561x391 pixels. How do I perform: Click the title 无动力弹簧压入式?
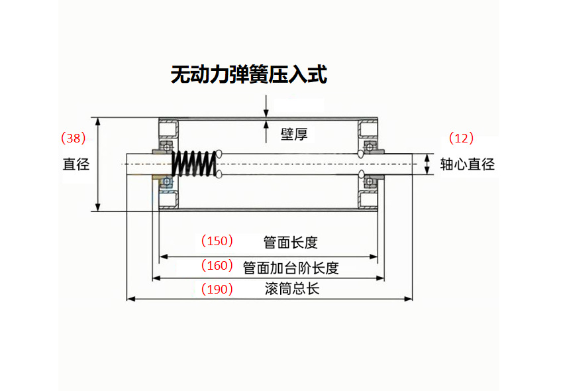[x=248, y=74]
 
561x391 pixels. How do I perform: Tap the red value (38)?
[x=73, y=139]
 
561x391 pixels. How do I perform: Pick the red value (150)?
[x=217, y=241]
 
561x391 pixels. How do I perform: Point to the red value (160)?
[x=217, y=266]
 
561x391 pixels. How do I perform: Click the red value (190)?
[x=217, y=289]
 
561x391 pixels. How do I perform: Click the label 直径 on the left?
[x=76, y=164]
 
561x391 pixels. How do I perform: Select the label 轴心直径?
[x=468, y=164]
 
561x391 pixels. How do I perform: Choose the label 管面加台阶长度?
[x=291, y=268]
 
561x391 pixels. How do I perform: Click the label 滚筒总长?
[x=291, y=289]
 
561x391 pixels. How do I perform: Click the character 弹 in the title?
[x=239, y=74]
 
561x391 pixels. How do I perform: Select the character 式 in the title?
[x=317, y=74]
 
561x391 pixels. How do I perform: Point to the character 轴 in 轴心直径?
[x=448, y=164]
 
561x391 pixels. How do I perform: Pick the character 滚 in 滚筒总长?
[x=271, y=289]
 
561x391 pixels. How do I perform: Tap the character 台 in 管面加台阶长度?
[x=298, y=268]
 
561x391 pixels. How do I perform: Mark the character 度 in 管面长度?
[x=311, y=243]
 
